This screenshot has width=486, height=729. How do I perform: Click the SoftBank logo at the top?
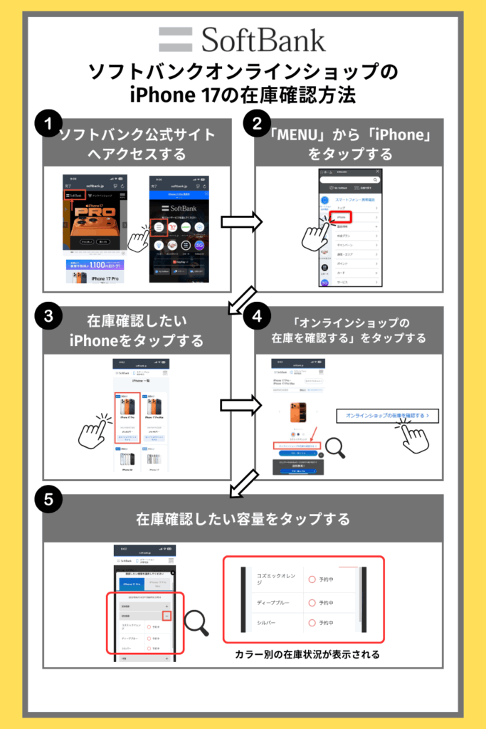click(x=242, y=40)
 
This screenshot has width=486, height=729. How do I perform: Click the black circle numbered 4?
click(x=255, y=318)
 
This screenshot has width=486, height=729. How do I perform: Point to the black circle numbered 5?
click(x=48, y=500)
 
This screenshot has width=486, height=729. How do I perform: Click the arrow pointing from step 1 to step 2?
click(x=241, y=221)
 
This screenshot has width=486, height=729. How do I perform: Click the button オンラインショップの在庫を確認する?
click(x=387, y=415)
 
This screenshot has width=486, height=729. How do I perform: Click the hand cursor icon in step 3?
click(x=95, y=431)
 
